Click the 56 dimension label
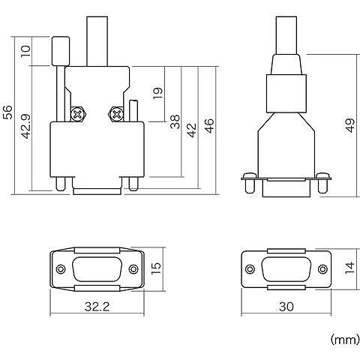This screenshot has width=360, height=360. (x=7, y=112)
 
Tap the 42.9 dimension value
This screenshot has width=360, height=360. (x=26, y=126)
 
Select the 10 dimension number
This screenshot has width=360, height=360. (x=26, y=51)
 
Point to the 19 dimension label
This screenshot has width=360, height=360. (x=157, y=93)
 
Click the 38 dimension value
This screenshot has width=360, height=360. (x=175, y=121)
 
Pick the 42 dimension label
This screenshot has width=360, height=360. (x=192, y=130)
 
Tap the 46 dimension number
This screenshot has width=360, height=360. (x=209, y=126)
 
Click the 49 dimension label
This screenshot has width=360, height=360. (x=350, y=125)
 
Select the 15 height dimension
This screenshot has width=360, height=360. (x=157, y=268)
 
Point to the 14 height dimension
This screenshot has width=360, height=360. (x=349, y=268)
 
